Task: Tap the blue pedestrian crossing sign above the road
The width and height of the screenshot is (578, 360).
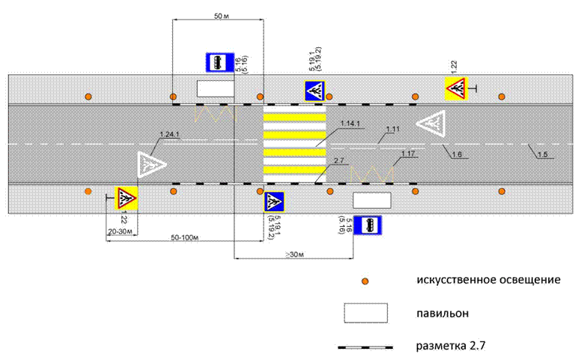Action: [314, 91]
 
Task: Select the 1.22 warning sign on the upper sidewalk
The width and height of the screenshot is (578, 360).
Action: [455, 88]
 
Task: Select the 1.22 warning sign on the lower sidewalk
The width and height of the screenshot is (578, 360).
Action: [126, 198]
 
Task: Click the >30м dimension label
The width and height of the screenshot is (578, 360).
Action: [293, 255]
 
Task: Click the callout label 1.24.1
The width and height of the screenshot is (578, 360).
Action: [171, 134]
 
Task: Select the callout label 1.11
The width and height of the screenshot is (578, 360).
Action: [393, 129]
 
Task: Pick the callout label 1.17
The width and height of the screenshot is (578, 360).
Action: [408, 154]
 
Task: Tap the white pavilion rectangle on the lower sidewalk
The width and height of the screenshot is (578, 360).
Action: [372, 200]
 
